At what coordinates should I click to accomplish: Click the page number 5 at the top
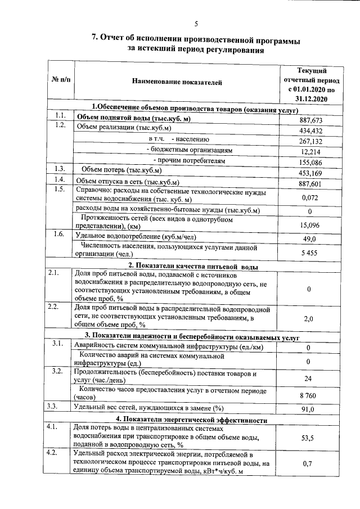tap(196, 23)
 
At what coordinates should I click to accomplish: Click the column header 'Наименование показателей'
tap(177, 82)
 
